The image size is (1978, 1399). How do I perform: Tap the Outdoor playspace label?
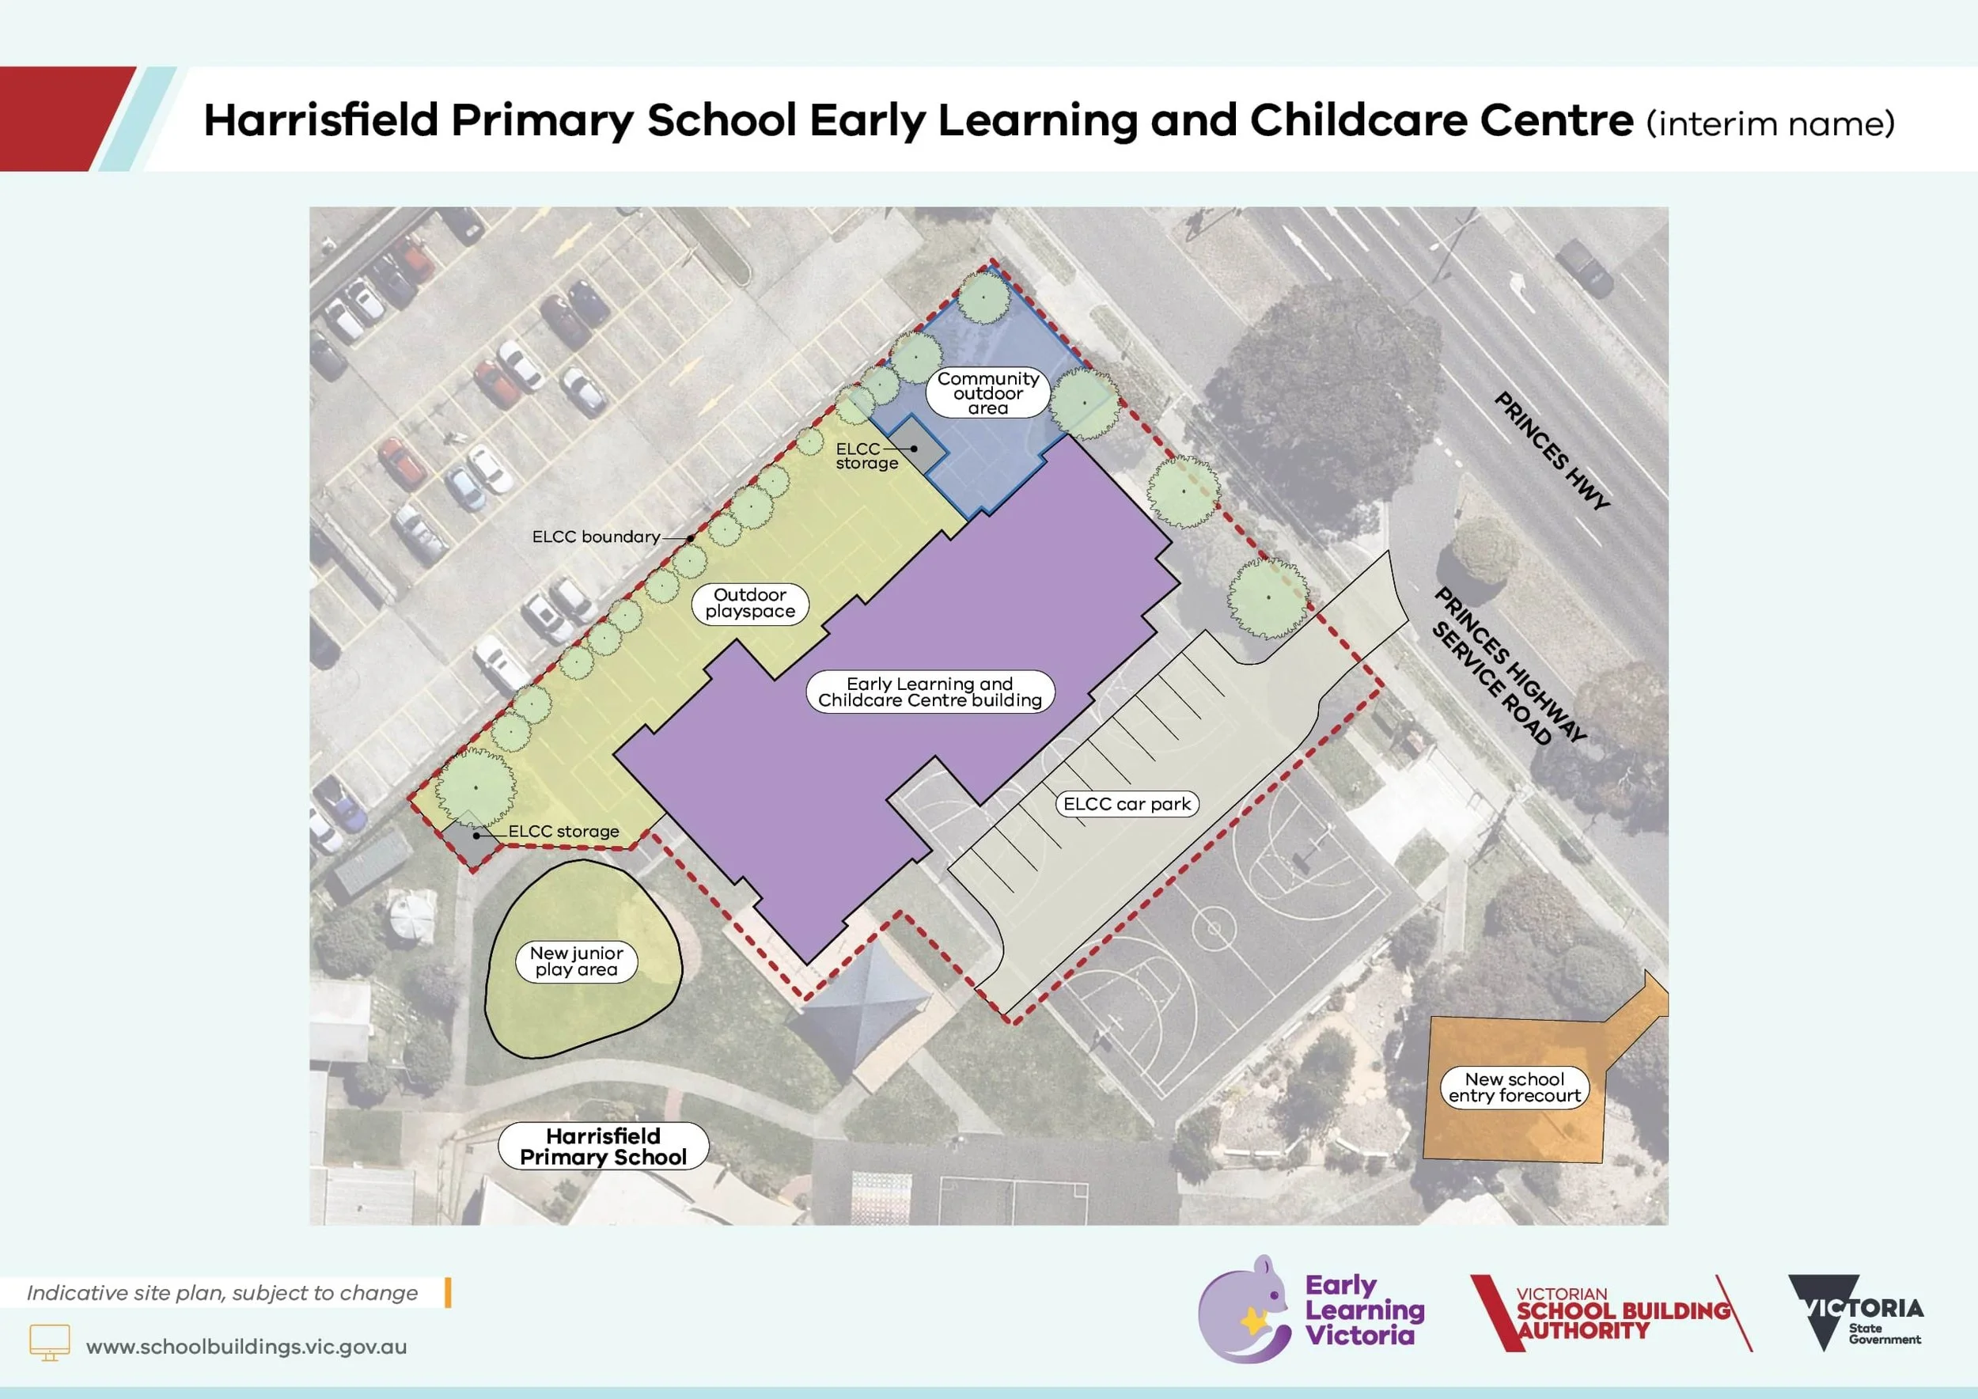[749, 603]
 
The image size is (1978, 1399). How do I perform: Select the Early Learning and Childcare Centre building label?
[930, 692]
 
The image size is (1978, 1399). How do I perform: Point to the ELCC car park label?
[1126, 804]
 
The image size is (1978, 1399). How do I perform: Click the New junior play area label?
[576, 961]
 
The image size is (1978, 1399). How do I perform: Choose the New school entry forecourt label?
[1514, 1087]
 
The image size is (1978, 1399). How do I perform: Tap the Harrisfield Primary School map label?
[603, 1147]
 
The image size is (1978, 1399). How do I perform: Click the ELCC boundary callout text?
[596, 536]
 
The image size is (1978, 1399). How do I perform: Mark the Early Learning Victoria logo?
[1310, 1310]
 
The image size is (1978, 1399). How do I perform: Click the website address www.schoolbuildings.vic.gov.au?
[246, 1347]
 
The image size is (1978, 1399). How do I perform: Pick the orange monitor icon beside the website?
[50, 1342]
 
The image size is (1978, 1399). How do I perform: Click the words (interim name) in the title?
[1771, 123]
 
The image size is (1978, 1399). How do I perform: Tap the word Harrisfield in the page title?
[321, 119]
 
